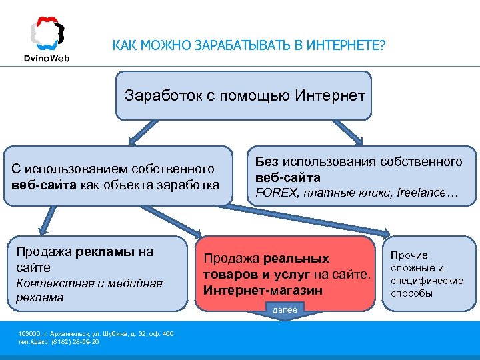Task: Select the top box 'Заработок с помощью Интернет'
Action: [244, 95]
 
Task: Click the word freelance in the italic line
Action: [422, 193]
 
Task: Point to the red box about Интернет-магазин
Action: [286, 273]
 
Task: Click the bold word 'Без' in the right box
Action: [267, 162]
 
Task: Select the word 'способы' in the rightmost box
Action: [411, 293]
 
